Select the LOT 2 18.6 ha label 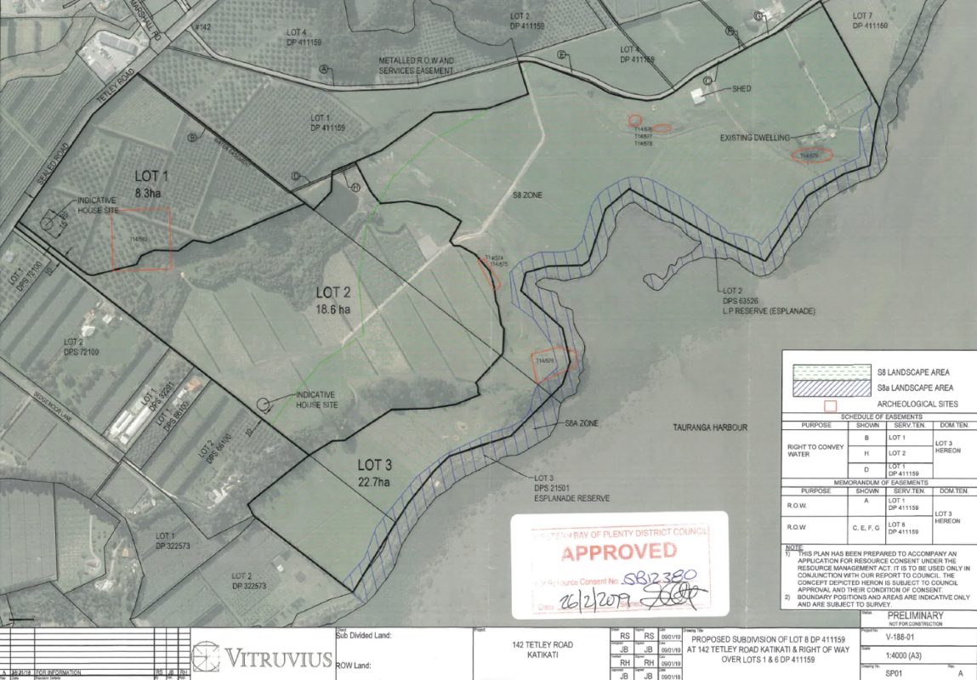point(332,301)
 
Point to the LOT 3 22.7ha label point(380,473)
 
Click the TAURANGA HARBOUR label point(709,428)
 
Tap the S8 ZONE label point(526,195)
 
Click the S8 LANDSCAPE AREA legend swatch point(826,372)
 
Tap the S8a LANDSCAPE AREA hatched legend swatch point(826,388)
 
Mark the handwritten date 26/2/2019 point(593,603)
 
